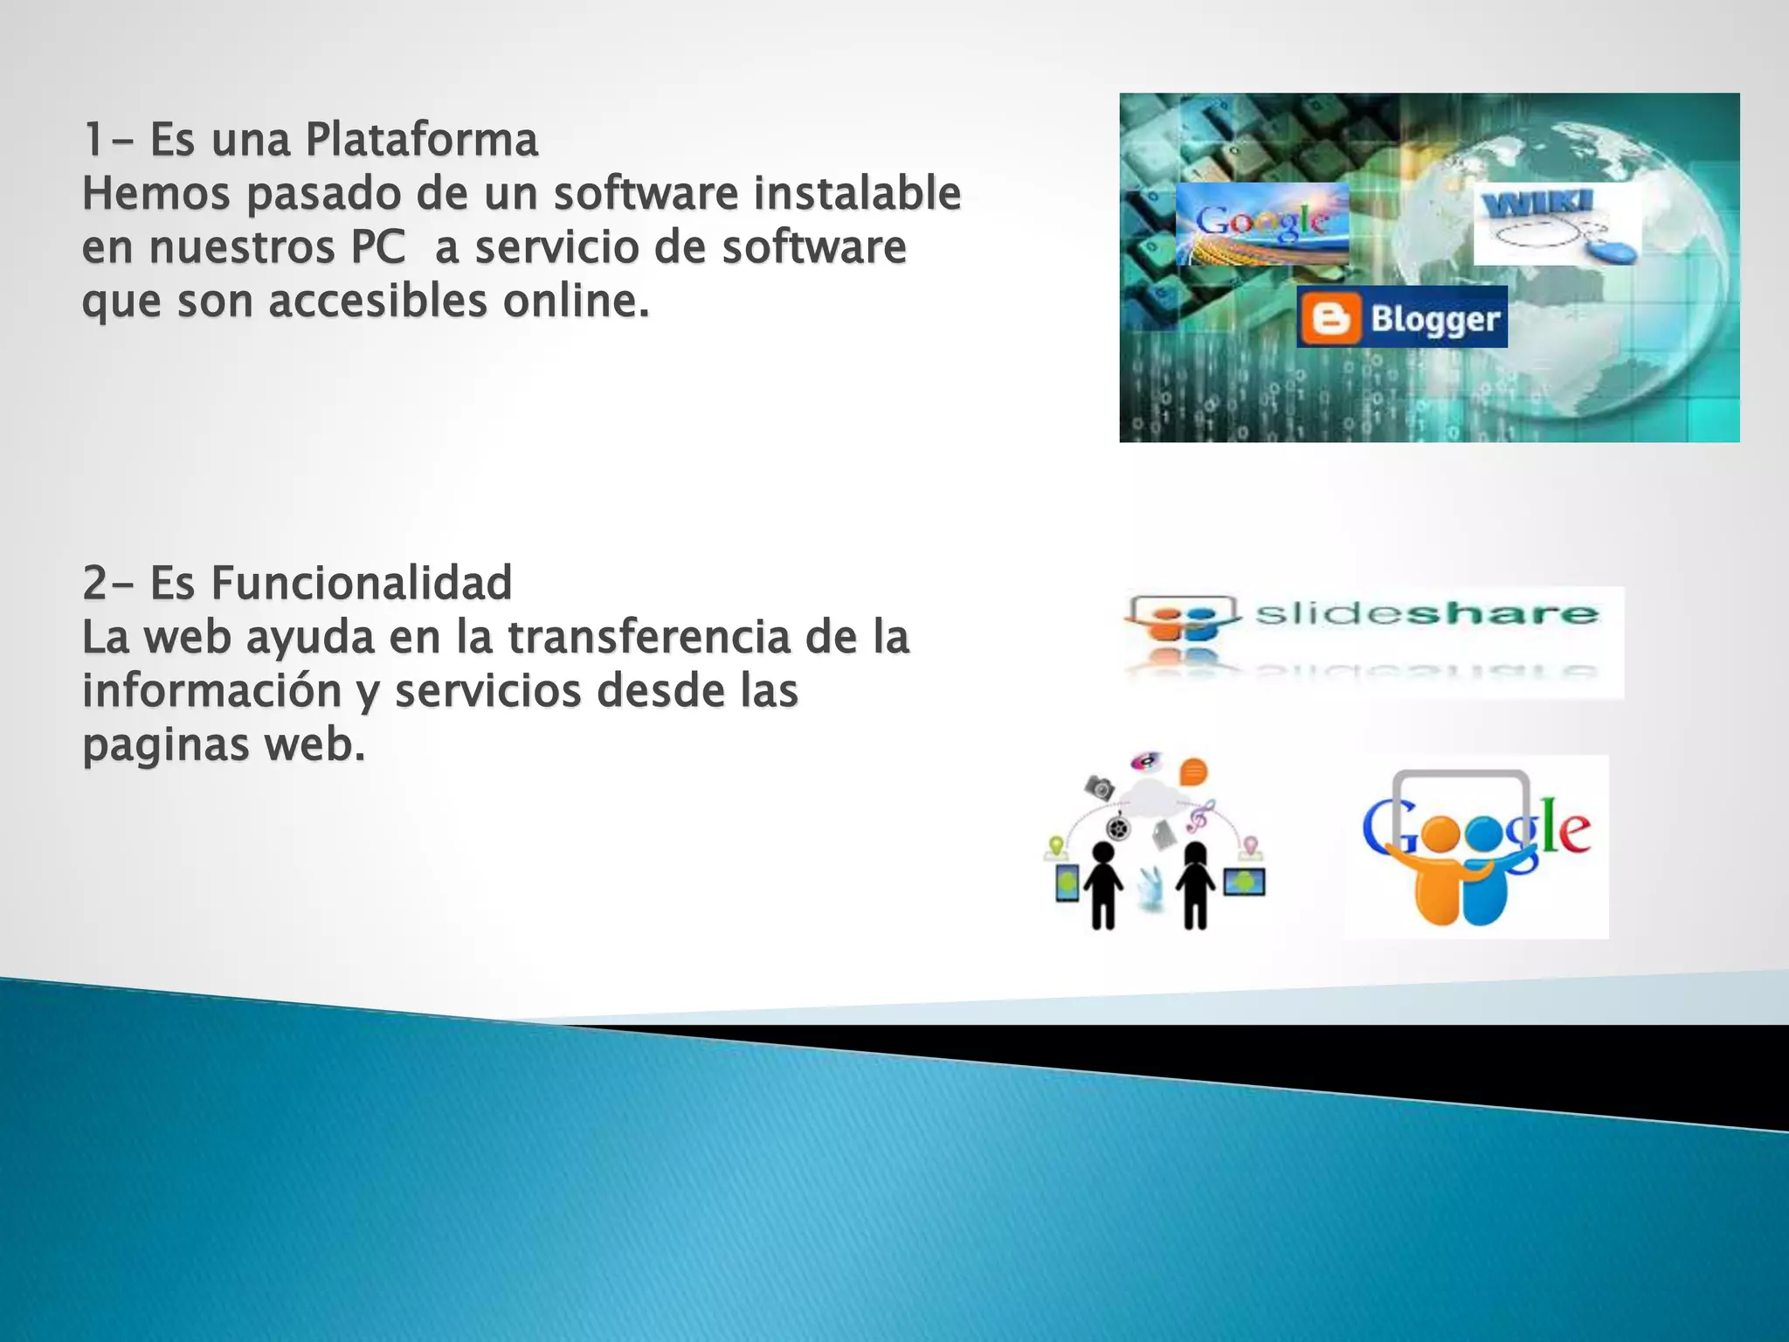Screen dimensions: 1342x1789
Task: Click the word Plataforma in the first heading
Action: pos(422,140)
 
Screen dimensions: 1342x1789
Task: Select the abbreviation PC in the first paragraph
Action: pos(378,247)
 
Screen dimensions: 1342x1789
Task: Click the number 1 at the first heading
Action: pos(93,140)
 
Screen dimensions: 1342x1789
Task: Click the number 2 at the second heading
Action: pos(94,583)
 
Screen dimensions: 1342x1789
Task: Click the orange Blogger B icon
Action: pos(1330,318)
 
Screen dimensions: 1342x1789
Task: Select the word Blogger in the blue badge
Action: pos(1434,319)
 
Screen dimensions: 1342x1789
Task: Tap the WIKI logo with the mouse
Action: pos(1557,224)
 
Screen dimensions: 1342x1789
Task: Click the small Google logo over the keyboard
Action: pos(1261,223)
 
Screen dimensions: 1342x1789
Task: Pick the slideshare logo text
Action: pos(1426,613)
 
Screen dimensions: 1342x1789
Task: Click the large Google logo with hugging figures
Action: pos(1476,846)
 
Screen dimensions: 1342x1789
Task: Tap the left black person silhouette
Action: pos(1103,884)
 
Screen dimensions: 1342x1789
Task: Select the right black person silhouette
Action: pos(1195,884)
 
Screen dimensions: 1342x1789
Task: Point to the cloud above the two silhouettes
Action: pos(1151,796)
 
